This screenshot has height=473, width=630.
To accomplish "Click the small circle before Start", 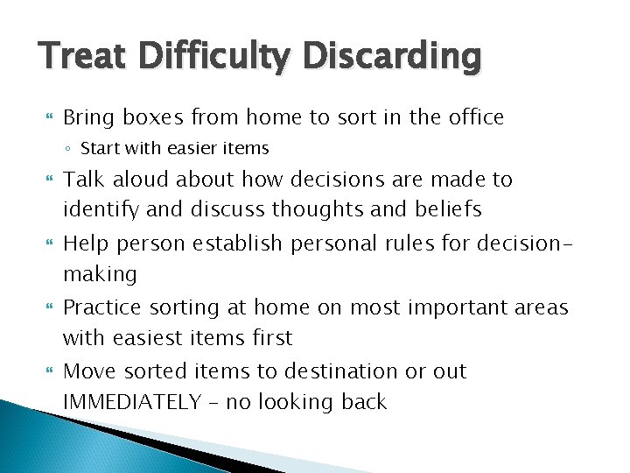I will [x=70, y=146].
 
